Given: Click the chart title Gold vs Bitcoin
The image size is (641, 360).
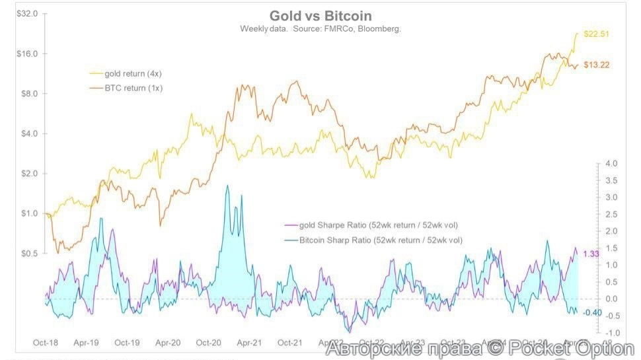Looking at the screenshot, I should coord(320,16).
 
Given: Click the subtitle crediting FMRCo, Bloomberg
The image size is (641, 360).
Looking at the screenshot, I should coord(320,29).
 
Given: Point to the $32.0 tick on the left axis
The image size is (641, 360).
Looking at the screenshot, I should coord(27,14).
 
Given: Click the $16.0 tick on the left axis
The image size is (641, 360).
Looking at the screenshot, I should coord(27,54).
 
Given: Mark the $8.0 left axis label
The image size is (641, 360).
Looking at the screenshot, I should coord(29,94).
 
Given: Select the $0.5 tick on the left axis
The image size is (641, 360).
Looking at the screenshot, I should coord(29,253).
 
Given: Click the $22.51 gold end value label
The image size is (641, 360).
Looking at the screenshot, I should coord(595,34).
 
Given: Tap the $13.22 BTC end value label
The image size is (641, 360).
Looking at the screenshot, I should coord(596,65).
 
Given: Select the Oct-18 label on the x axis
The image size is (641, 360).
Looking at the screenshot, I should coord(46,343).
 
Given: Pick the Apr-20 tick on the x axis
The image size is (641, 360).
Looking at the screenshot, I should coord(168,343).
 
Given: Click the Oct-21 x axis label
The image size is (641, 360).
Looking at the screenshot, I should coord(290,343).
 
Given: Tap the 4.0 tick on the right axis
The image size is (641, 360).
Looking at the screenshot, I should coord(611,163).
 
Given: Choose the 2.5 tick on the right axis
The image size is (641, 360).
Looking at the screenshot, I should coord(611,214).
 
